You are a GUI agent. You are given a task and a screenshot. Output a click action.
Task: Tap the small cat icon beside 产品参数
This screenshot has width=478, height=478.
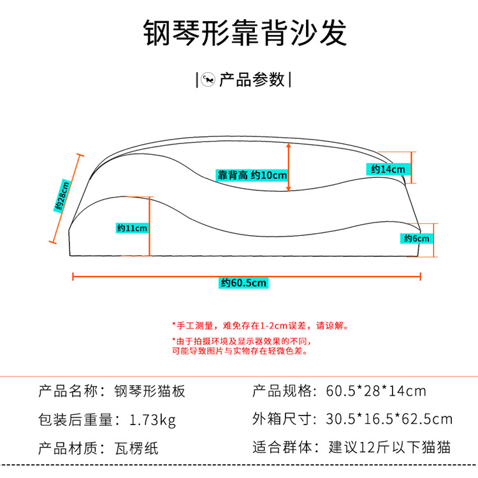click(207, 80)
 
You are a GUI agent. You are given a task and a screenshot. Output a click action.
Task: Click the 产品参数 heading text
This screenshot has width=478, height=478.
click(251, 80)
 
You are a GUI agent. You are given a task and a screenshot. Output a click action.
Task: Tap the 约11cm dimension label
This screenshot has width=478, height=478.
click(132, 228)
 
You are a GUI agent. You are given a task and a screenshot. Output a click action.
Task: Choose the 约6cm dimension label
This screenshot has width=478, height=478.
click(417, 238)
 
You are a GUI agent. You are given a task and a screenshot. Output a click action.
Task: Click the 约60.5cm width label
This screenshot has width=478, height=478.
click(244, 283)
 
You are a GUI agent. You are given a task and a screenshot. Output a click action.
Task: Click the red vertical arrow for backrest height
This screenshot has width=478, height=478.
click(289, 167)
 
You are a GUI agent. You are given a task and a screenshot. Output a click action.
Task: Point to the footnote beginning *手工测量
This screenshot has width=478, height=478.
click(259, 326)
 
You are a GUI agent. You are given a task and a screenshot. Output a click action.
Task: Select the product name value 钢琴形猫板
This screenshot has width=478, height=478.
click(149, 391)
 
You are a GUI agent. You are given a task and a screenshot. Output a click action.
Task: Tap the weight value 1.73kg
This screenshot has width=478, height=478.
click(152, 419)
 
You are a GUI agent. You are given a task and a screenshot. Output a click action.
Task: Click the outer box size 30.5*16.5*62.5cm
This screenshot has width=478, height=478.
click(389, 419)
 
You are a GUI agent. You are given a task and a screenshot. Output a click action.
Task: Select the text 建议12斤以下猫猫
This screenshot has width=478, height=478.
click(389, 448)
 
